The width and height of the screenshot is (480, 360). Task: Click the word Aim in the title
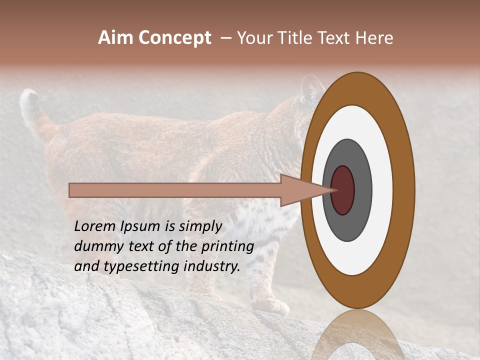(116, 38)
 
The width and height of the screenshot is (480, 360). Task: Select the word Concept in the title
(175, 38)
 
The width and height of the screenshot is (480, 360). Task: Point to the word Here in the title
(374, 38)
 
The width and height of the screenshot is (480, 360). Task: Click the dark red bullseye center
(343, 190)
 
